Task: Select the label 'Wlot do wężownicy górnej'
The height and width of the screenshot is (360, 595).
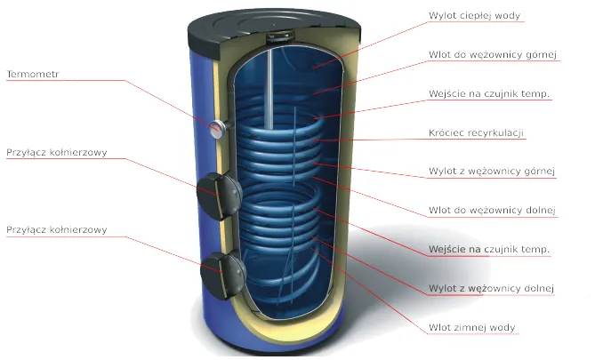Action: pos(493,55)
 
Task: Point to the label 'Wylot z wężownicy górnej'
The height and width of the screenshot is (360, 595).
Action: pos(492,172)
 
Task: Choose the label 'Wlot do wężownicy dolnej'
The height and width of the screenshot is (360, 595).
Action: pos(492,211)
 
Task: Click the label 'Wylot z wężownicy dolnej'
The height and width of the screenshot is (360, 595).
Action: pos(492,289)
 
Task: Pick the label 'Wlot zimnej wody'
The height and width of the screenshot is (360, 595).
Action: pos(473,328)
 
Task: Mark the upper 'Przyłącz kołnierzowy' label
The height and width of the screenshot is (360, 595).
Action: pos(57,152)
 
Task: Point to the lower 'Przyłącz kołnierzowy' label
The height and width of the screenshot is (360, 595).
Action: pos(57,230)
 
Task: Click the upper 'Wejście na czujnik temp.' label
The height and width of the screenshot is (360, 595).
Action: pos(488,94)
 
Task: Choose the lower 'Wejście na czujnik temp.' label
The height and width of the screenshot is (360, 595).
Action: pos(488,250)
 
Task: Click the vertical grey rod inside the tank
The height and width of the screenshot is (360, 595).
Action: pos(267,89)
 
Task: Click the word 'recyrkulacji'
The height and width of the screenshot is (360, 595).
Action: pos(499,133)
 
